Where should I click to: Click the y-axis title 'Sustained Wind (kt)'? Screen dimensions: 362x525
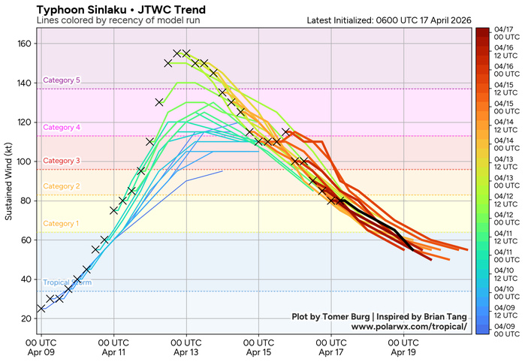[x=10, y=180]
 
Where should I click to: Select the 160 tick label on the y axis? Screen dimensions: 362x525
[x=23, y=44]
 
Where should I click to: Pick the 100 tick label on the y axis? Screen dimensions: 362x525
[x=23, y=161]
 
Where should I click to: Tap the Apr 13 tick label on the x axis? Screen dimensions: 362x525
[x=186, y=346]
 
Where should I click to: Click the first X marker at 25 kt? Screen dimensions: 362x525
[x=41, y=309]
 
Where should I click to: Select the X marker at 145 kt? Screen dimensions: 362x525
[x=213, y=73]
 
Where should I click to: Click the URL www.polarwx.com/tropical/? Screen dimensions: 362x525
[x=409, y=327]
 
